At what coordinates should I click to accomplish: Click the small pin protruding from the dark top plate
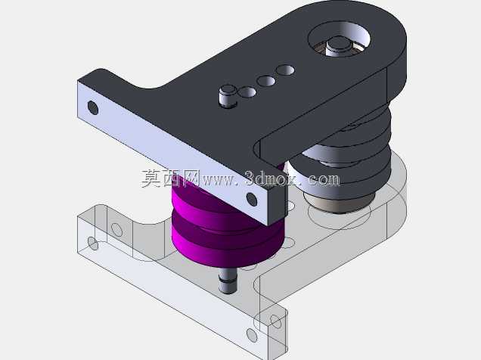tap(228, 96)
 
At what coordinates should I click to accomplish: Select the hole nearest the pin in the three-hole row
tap(247, 92)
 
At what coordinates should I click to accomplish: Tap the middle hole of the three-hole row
tap(266, 81)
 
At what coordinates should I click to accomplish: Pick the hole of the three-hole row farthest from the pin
tap(285, 70)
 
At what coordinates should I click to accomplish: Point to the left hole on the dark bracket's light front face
tap(93, 107)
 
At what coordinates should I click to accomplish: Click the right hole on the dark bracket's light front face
tap(252, 200)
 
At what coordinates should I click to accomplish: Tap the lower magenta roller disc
tap(227, 242)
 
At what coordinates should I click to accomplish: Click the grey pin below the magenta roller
tap(228, 281)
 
